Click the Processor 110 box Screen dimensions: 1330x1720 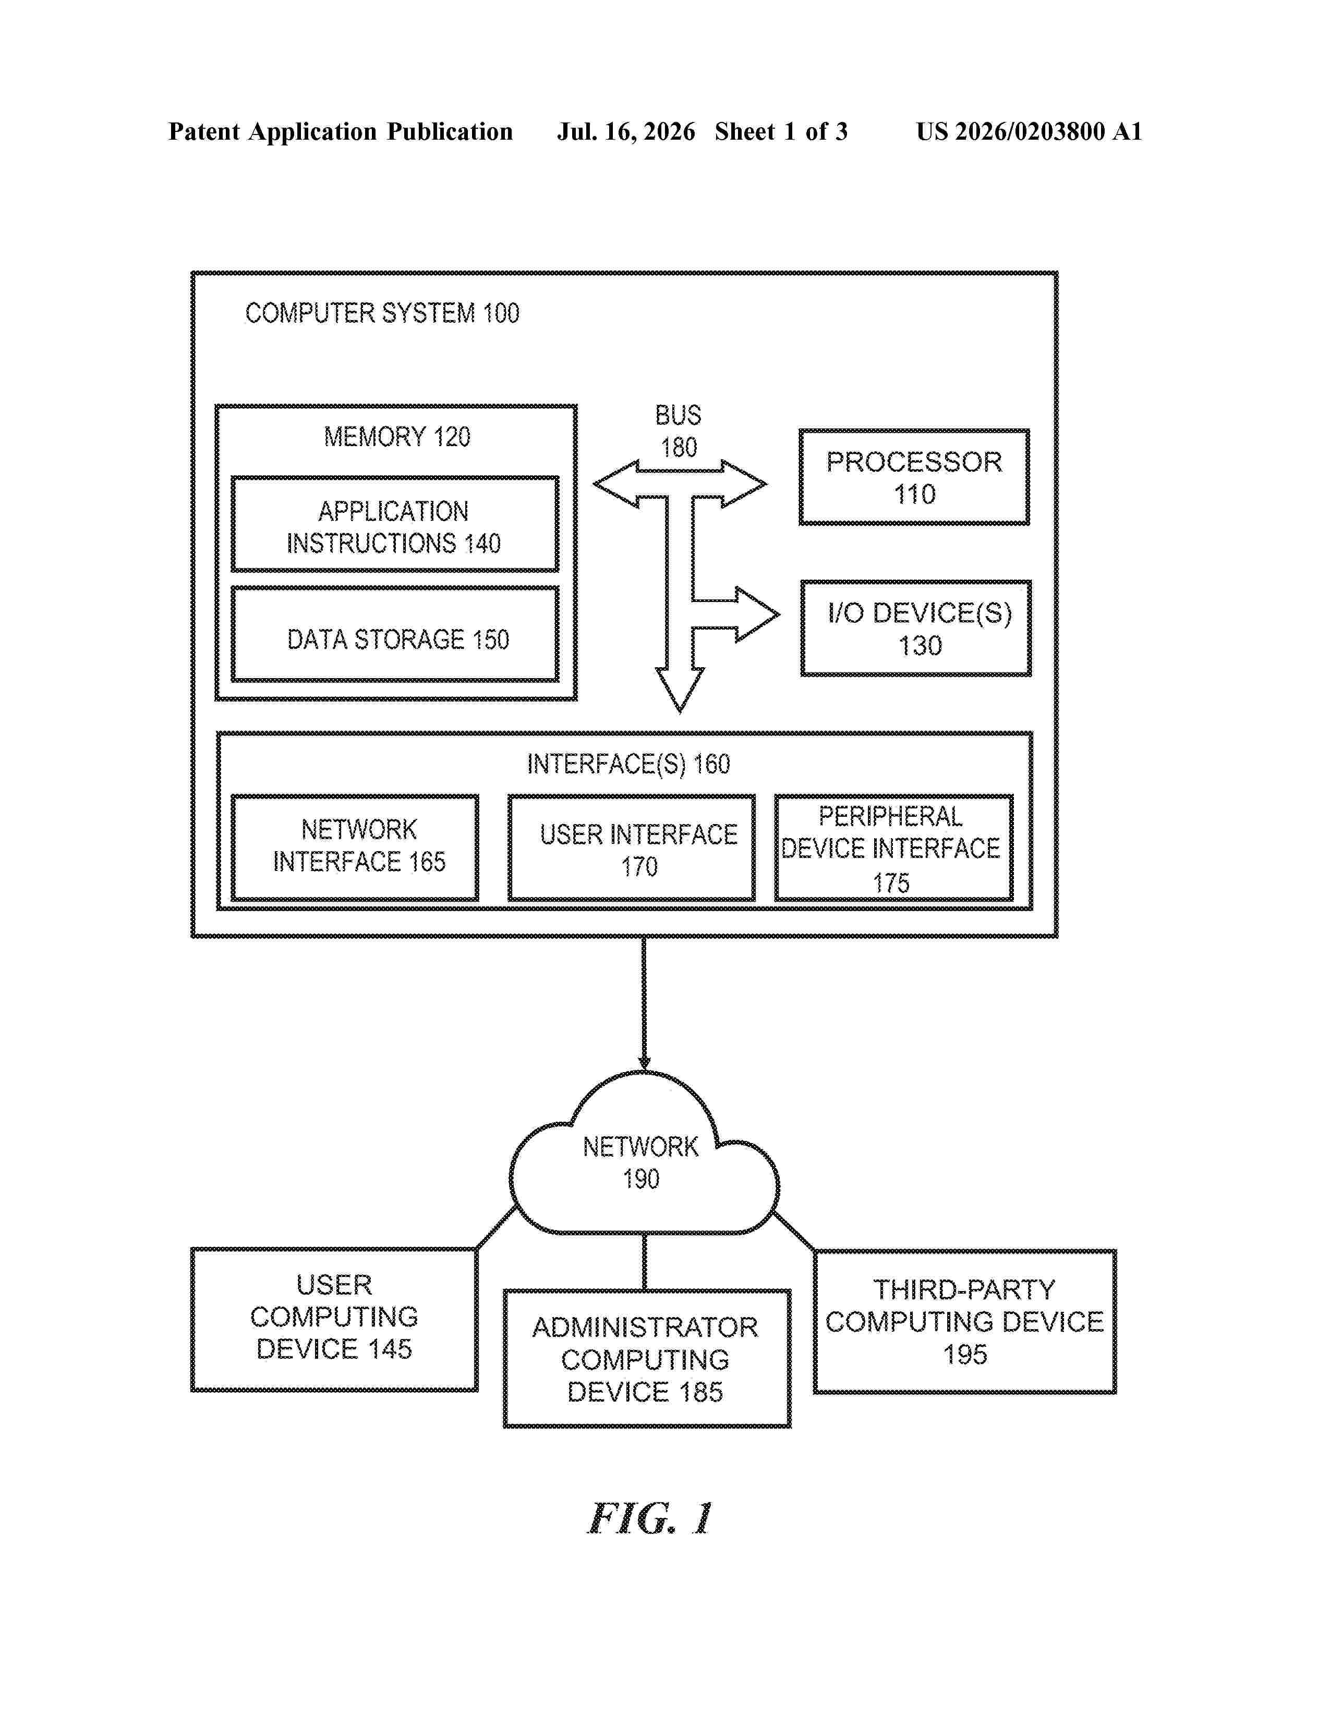(914, 477)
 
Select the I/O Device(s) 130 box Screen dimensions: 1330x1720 (915, 629)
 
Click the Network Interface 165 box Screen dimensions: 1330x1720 (355, 847)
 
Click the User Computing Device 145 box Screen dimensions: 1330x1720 (334, 1319)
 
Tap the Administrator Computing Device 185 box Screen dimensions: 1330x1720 (647, 1358)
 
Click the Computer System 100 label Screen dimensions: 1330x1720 (382, 313)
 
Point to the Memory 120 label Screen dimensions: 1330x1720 (397, 437)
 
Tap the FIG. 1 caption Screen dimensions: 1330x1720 (651, 1518)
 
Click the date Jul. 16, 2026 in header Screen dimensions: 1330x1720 (626, 131)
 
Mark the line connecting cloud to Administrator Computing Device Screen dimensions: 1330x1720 (645, 1262)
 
